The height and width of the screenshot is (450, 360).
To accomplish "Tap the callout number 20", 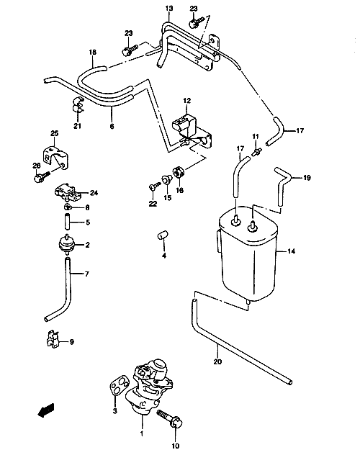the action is coord(218,361).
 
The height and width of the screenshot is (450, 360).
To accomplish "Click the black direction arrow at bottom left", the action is coord(46,410).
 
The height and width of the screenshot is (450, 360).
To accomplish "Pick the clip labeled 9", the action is coord(52,338).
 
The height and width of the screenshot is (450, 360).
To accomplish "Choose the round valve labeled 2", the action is coord(67,245).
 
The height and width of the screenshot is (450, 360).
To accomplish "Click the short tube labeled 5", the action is coord(67,222).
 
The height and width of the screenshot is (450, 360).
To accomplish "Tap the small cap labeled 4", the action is coord(163,234).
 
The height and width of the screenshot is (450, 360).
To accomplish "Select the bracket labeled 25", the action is coord(56,157).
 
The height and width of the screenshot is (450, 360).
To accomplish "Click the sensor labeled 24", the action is coord(68,192).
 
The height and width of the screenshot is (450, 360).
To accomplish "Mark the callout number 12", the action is coord(186,101).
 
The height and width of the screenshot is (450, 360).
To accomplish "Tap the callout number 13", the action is coord(169,9).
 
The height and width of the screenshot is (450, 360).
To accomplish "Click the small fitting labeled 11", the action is coord(256,152).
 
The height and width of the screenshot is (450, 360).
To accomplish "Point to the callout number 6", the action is coord(112,126).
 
